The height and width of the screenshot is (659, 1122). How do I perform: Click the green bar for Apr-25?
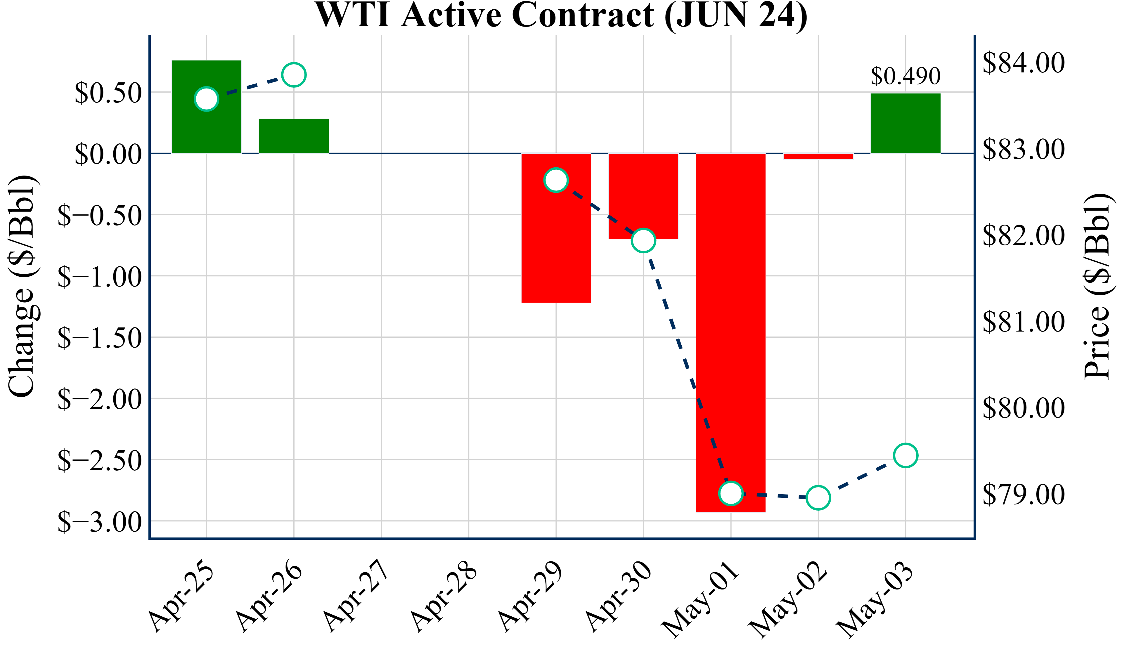point(206,129)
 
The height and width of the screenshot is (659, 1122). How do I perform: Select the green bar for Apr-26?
point(294,136)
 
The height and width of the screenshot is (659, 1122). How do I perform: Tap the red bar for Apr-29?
point(556,249)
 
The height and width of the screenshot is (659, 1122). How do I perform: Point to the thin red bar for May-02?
point(818,156)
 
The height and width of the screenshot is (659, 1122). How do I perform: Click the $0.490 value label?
point(905,76)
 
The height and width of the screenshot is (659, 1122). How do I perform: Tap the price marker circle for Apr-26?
point(294,75)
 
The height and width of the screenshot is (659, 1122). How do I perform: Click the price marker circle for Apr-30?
point(643,240)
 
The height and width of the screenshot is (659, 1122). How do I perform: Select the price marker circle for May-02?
point(818,497)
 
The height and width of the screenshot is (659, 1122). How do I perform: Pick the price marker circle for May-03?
point(905,455)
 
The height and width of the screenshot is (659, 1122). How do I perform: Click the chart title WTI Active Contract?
point(561,15)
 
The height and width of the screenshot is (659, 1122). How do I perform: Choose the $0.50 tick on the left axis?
point(108,93)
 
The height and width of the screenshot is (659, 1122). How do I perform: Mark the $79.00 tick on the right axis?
point(1023,494)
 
